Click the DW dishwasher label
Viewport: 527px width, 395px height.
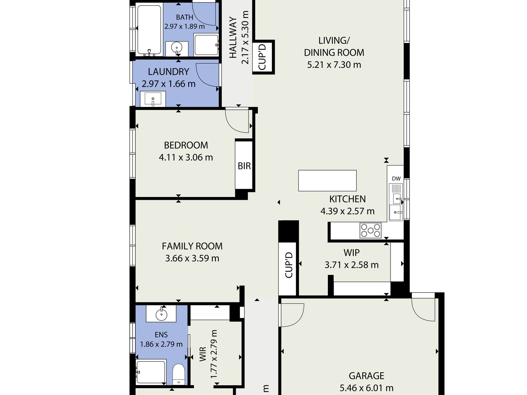click(396, 179)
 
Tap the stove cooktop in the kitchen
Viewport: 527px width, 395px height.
click(371, 230)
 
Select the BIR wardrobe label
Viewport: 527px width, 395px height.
click(244, 166)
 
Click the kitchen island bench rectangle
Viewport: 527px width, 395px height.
click(327, 180)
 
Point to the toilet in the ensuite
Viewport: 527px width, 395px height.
click(179, 374)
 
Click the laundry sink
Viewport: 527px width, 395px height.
click(153, 99)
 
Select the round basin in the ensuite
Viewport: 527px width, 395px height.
click(161, 315)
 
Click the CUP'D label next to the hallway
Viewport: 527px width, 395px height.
click(262, 57)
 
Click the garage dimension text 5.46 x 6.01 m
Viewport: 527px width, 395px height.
click(366, 388)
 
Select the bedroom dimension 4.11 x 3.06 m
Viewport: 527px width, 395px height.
click(186, 157)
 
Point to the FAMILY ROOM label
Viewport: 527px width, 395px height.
click(192, 246)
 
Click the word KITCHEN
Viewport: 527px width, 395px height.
click(348, 199)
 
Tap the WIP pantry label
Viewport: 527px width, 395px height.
click(351, 253)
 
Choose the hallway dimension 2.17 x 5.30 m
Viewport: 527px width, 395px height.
click(245, 37)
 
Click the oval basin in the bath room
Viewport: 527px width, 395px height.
click(177, 47)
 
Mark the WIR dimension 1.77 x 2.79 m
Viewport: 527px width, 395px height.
click(213, 354)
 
